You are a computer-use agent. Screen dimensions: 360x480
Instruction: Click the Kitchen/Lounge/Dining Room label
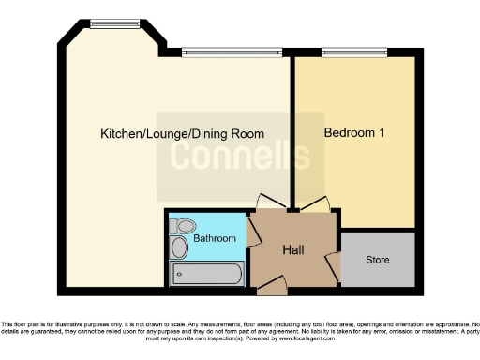pos(182,134)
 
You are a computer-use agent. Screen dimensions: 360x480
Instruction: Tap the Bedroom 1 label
pos(354,133)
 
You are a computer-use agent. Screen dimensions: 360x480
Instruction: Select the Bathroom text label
pos(215,238)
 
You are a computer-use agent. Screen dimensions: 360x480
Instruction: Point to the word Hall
pos(293,249)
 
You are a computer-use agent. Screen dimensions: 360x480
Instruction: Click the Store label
pos(377,260)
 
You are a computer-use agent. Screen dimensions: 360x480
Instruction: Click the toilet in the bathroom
pos(184,226)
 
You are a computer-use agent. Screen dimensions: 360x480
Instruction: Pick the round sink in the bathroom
pos(179,247)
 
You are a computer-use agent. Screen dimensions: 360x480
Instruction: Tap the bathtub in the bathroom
pos(207,275)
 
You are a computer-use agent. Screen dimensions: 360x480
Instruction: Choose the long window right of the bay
pos(231,52)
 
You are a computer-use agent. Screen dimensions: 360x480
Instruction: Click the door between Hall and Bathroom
pos(253,231)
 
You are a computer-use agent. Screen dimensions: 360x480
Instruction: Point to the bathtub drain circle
pos(234,276)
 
